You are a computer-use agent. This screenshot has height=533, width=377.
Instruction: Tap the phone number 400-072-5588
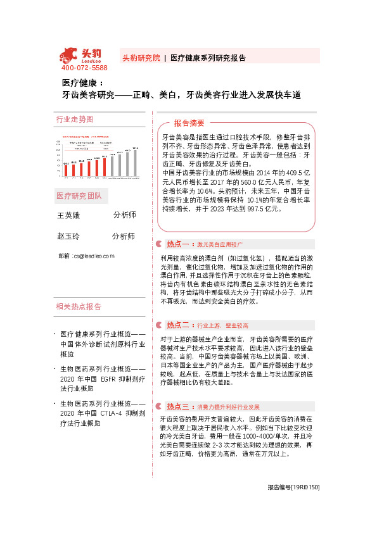84,68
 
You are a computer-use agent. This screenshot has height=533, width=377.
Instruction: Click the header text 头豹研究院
141,58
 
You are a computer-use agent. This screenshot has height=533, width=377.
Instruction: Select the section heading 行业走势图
75,119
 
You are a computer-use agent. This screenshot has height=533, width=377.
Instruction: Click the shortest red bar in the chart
67,170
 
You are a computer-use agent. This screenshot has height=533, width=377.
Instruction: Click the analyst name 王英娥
69,216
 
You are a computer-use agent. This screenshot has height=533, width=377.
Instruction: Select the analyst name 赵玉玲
69,237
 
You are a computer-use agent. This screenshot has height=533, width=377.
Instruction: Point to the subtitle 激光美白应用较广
220,244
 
